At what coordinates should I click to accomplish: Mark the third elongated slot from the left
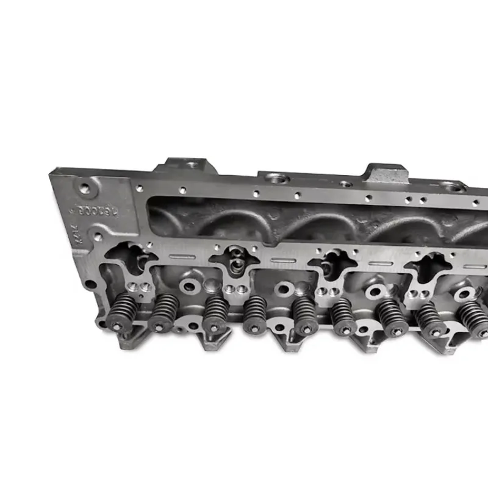380,265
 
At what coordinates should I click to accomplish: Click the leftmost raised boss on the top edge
186,165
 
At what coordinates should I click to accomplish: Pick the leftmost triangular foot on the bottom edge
137,337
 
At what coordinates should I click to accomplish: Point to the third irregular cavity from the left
334,264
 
